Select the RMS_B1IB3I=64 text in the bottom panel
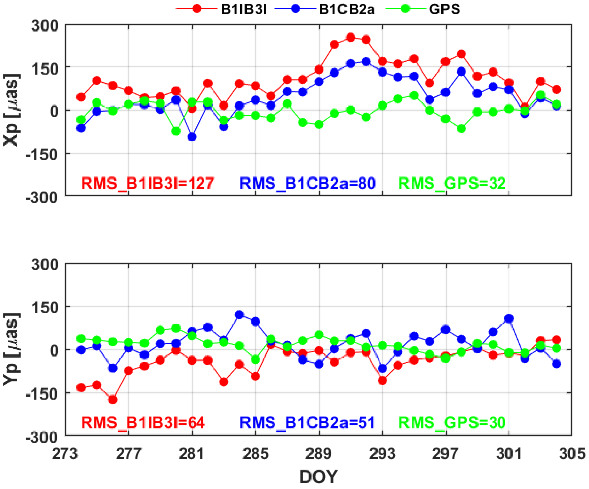pos(143,423)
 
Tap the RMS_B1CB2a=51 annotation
pos(307,423)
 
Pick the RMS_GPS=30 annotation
pos(452,423)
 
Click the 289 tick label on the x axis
pos(319,454)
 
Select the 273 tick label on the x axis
pos(65,454)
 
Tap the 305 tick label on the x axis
pos(572,454)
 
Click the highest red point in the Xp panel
pos(350,37)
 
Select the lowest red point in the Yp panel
pos(113,399)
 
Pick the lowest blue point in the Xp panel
pos(192,137)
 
